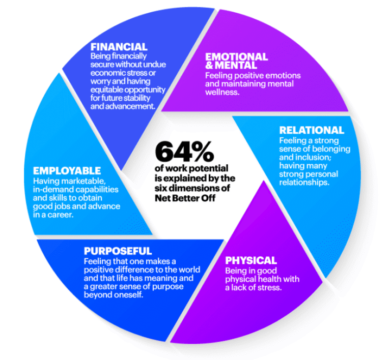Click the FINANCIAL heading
coord(119,47)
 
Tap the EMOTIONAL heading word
coord(236,57)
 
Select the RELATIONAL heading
coord(312,130)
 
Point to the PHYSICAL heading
coord(251,260)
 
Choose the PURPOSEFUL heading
coord(118,251)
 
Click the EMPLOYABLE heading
coord(67,171)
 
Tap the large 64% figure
coord(184,152)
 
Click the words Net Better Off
coord(185,198)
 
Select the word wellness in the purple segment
coord(222,93)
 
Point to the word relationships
coord(304,183)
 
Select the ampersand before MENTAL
coord(209,66)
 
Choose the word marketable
coord(86,181)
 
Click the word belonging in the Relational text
coord(330,149)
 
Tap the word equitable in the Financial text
coord(107,90)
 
